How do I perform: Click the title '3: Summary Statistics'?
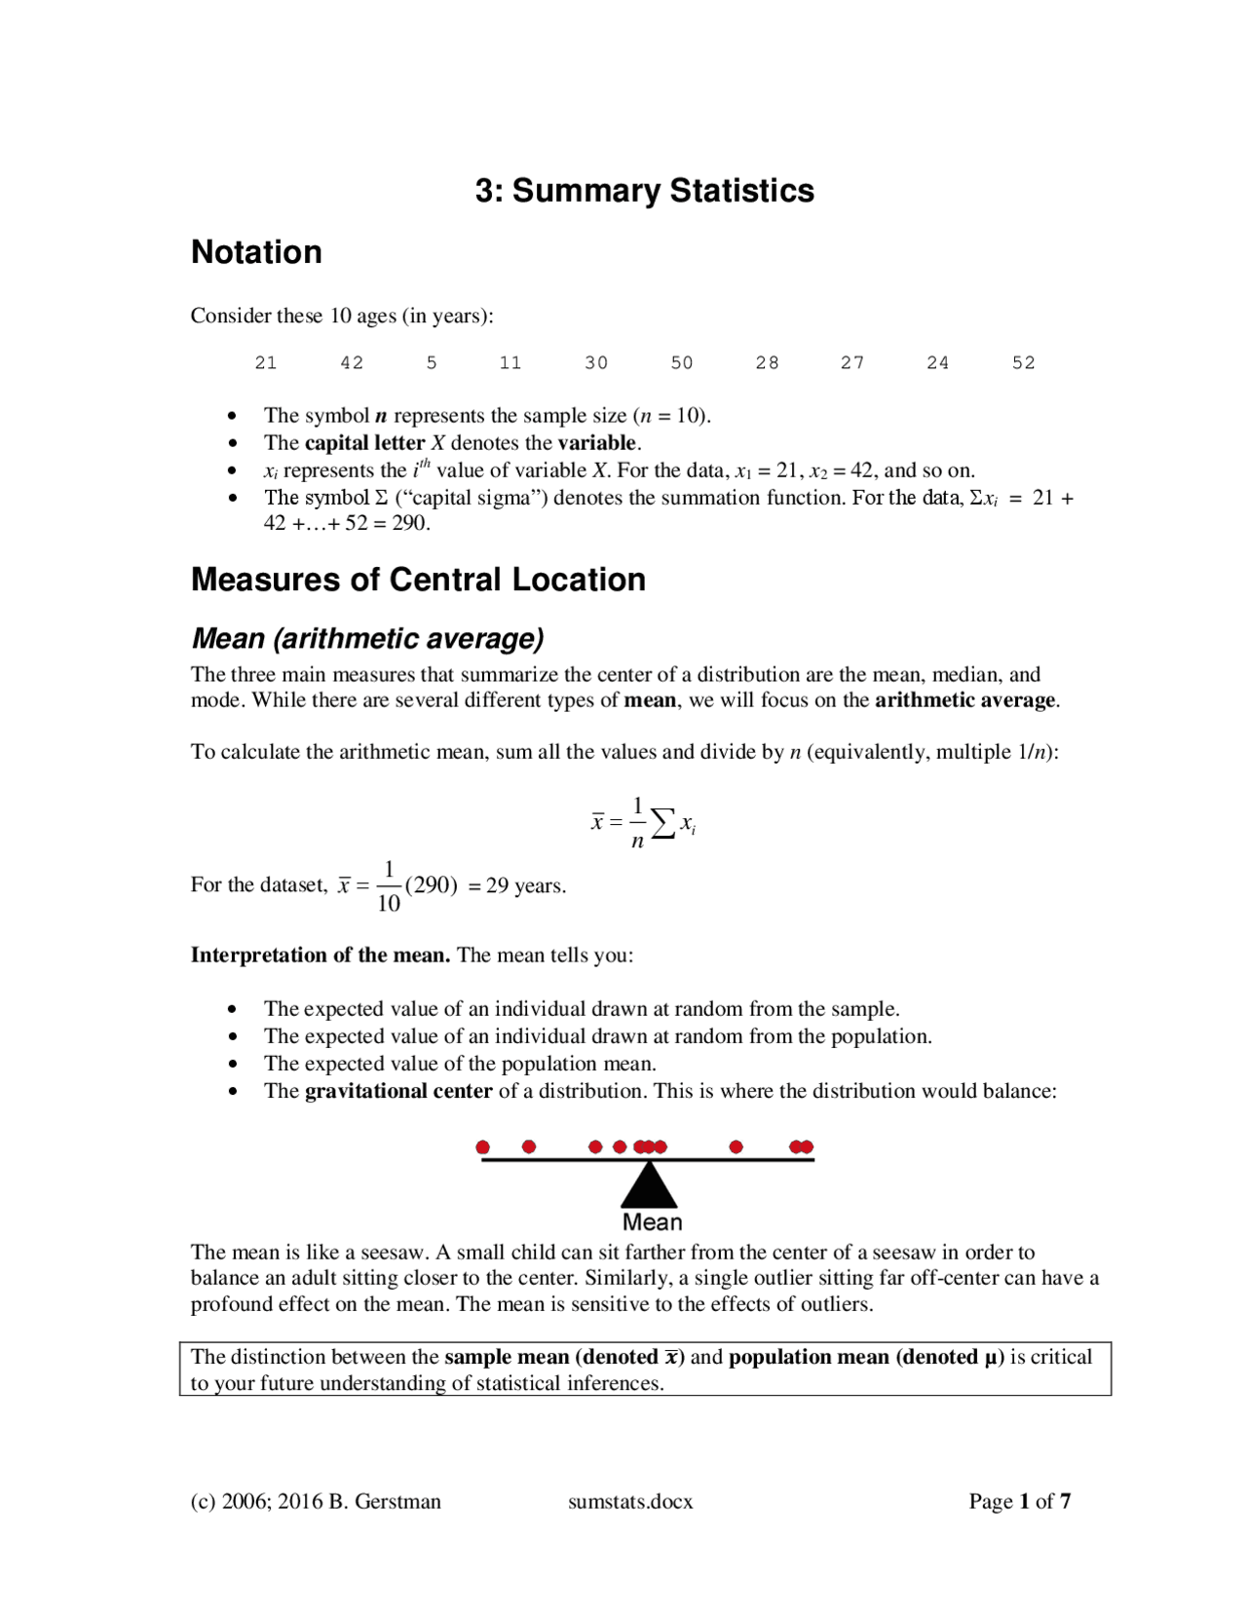click(x=644, y=191)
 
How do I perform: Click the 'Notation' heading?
click(x=256, y=252)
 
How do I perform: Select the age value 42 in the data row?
click(x=352, y=363)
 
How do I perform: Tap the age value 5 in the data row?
click(x=432, y=363)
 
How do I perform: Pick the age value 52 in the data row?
click(x=1023, y=363)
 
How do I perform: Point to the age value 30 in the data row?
click(x=596, y=363)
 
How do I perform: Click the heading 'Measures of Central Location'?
click(x=418, y=580)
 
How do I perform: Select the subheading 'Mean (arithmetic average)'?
click(x=367, y=639)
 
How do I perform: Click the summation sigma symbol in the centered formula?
click(x=662, y=824)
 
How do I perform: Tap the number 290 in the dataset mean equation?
click(x=431, y=885)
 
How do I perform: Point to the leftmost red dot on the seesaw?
click(x=482, y=1147)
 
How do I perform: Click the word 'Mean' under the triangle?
click(x=652, y=1222)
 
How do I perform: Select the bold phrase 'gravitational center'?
click(x=398, y=1091)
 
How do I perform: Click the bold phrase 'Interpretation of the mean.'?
click(x=320, y=956)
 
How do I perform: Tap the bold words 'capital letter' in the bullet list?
click(x=364, y=443)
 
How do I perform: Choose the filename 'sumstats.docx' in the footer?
click(x=630, y=1502)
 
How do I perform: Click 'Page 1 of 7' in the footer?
click(x=1019, y=1502)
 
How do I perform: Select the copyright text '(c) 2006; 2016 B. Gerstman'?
click(x=316, y=1502)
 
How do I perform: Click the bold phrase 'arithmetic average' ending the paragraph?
click(x=964, y=700)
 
